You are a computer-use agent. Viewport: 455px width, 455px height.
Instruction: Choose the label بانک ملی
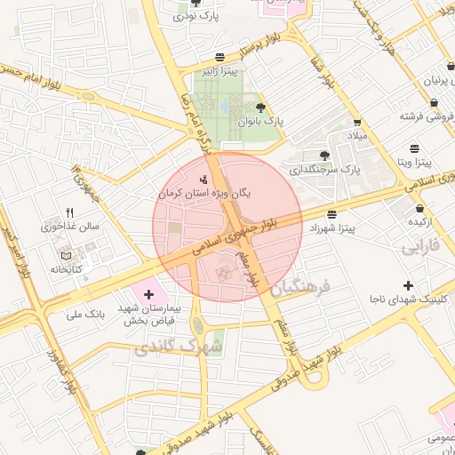tap(86, 315)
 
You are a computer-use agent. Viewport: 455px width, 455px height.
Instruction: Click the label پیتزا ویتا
tap(414, 163)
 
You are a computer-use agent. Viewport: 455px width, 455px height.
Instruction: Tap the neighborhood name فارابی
tap(422, 246)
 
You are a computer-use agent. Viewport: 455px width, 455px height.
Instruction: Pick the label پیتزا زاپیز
tap(218, 70)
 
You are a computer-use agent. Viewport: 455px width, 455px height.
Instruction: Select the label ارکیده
tap(419, 220)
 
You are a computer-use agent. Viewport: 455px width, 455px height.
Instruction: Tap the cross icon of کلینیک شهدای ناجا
tap(408, 285)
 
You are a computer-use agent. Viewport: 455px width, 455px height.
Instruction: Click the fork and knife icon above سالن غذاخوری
tap(69, 213)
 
